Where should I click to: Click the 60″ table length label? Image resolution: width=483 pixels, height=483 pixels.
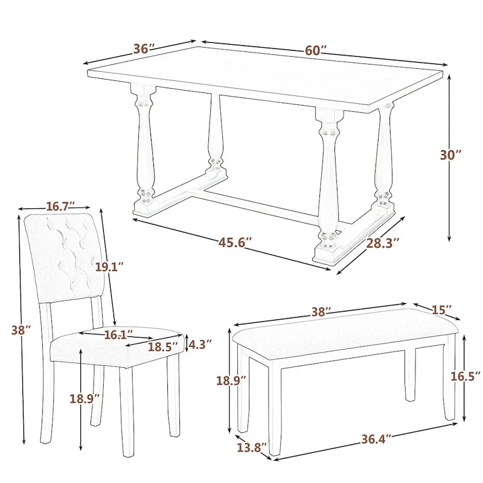(x=315, y=51)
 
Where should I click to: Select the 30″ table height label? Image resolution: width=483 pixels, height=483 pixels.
(x=450, y=155)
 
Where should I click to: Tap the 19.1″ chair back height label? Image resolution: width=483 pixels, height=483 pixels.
(x=109, y=267)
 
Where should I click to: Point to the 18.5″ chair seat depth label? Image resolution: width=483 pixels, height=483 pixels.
(x=164, y=347)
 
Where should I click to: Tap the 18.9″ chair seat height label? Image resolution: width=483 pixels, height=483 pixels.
(x=84, y=398)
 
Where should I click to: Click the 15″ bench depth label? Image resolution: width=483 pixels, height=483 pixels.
(x=441, y=310)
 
